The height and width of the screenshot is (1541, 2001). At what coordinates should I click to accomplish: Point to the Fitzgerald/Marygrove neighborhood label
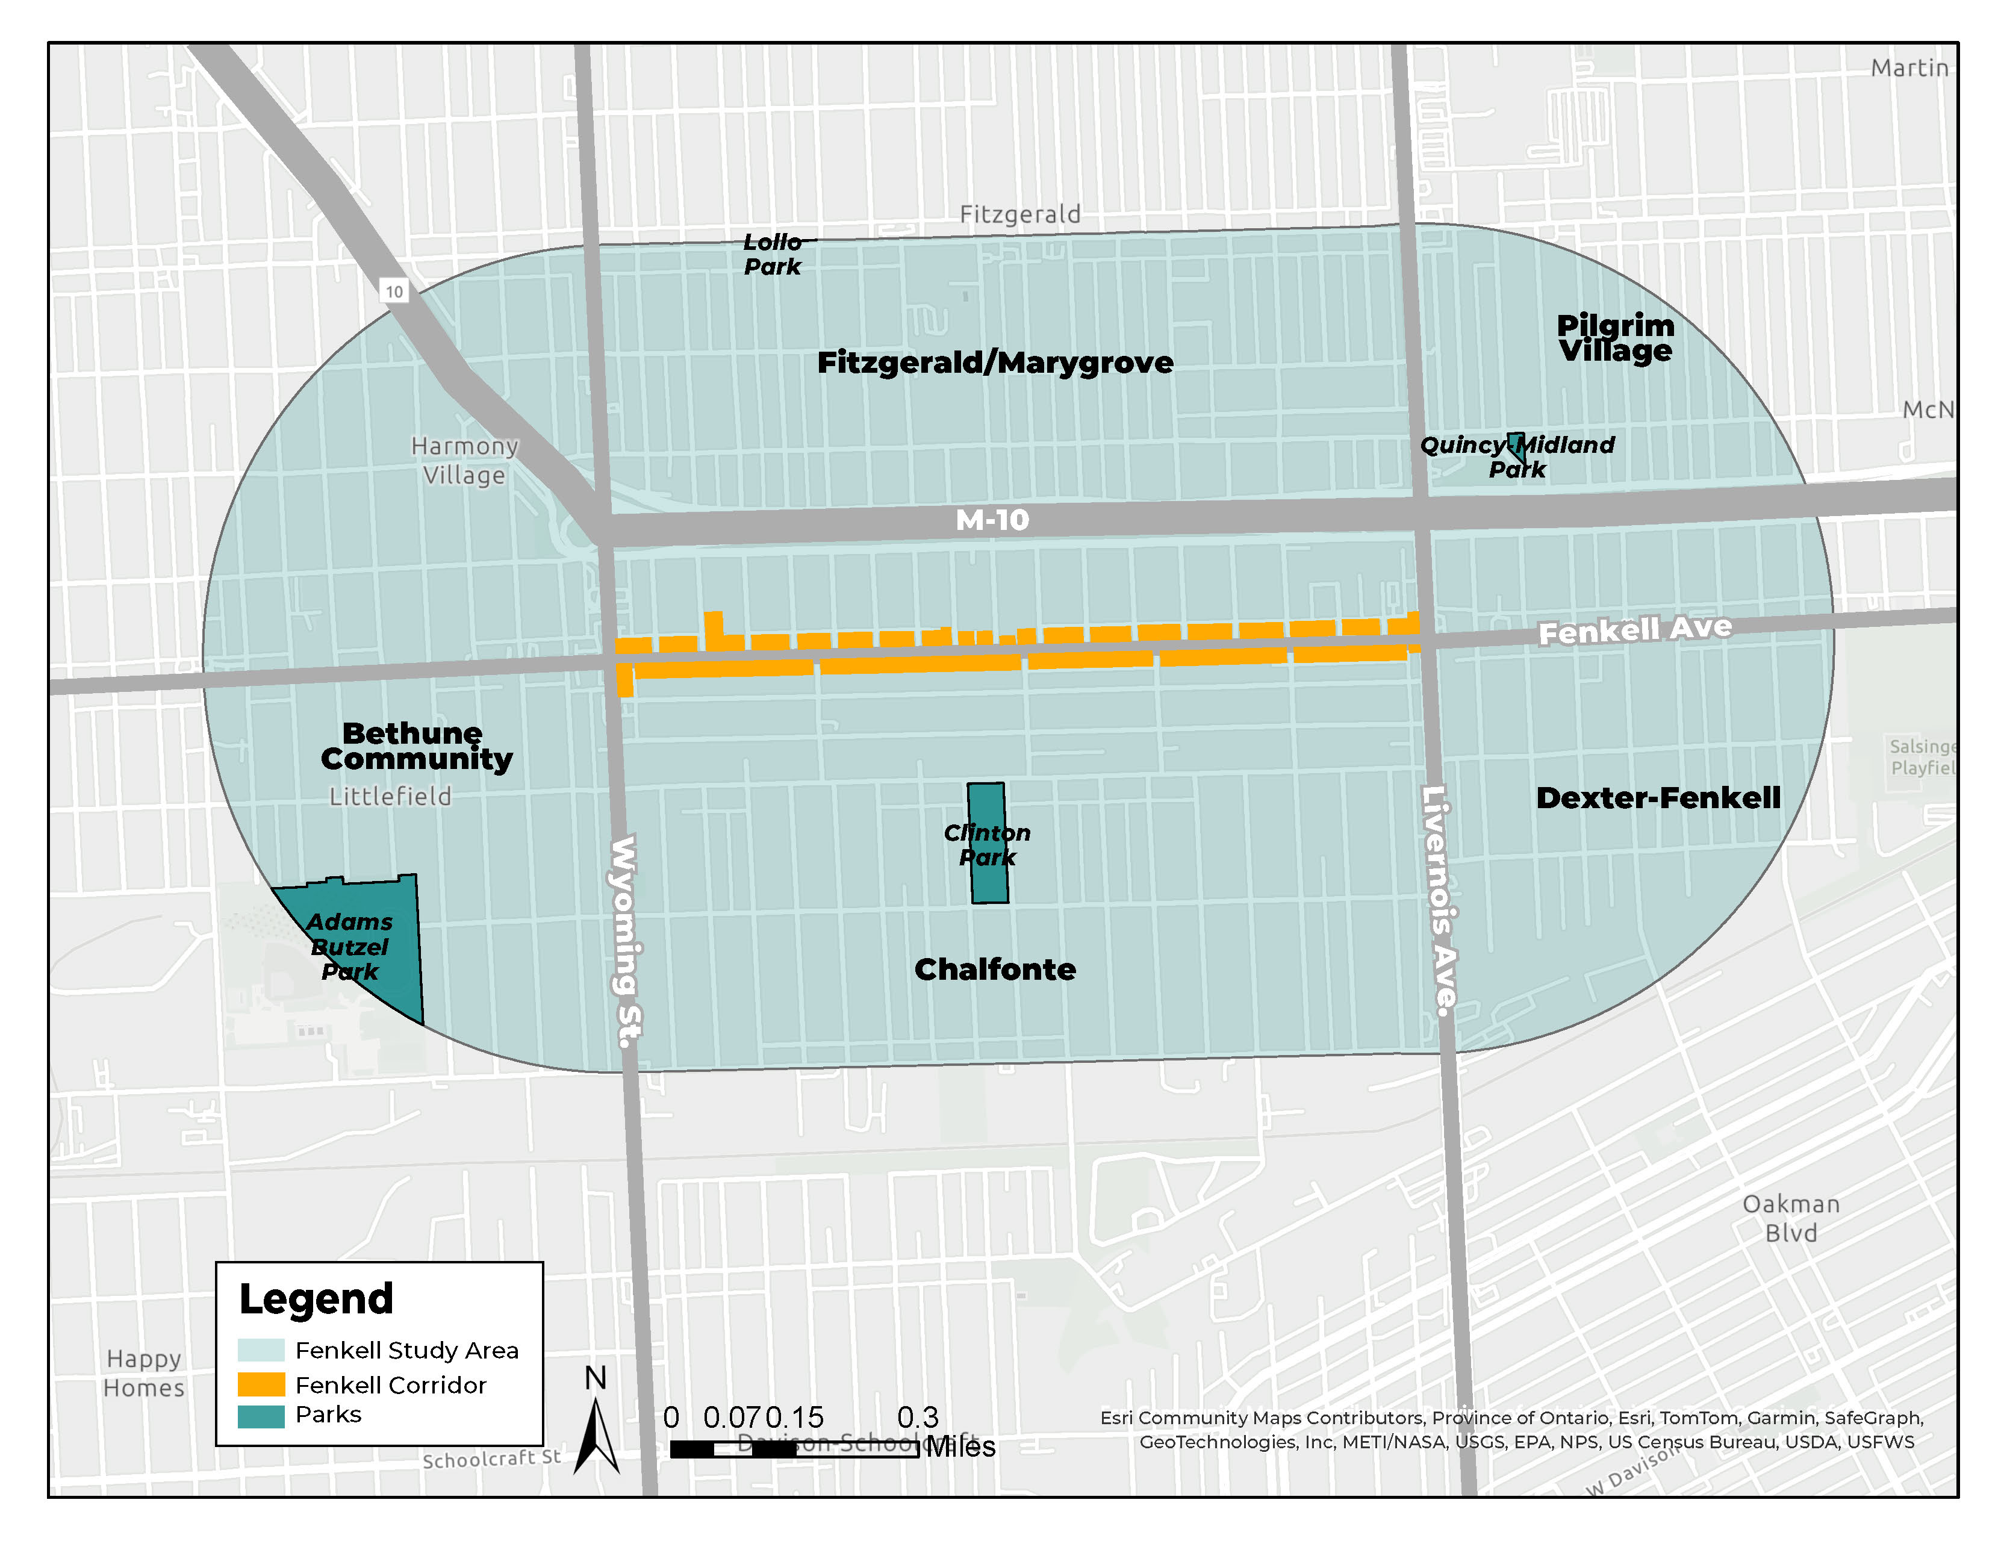[995, 363]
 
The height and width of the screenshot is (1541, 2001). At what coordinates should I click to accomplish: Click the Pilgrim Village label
[1615, 338]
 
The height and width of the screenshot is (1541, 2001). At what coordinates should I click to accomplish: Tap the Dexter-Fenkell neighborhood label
[1658, 798]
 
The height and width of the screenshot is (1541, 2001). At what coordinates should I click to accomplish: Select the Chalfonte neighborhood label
[995, 970]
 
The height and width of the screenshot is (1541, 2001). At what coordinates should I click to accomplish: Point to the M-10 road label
[992, 520]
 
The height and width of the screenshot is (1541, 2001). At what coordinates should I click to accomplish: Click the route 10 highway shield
[394, 291]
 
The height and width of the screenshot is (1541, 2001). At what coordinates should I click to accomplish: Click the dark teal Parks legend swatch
[261, 1416]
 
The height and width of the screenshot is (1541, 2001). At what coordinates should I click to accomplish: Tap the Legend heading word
[316, 1299]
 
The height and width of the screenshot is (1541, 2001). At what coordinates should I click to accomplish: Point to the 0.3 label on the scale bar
[918, 1418]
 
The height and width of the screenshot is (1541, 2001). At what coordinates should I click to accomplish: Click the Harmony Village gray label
[464, 461]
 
